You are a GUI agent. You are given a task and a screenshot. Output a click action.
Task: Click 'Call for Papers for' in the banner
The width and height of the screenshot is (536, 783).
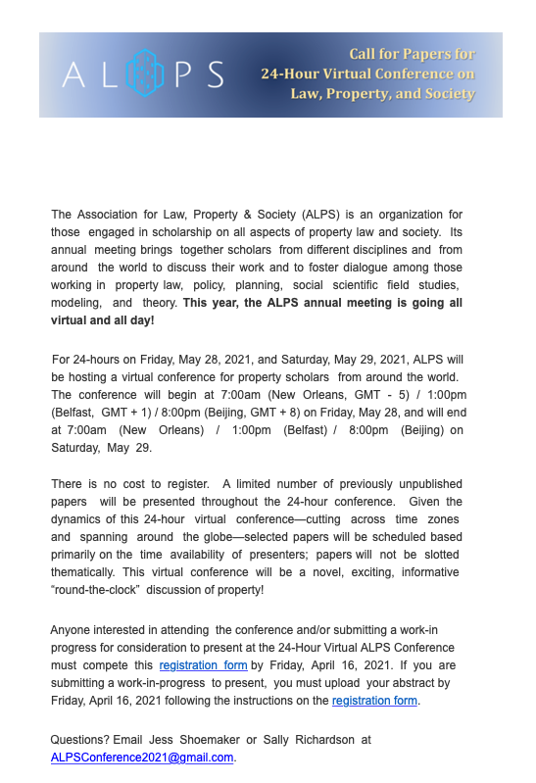pos(413,54)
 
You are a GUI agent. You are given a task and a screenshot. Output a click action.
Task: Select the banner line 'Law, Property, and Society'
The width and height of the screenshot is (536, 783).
pos(383,94)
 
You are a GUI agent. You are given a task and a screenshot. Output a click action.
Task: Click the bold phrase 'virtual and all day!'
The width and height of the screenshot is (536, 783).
pos(102,319)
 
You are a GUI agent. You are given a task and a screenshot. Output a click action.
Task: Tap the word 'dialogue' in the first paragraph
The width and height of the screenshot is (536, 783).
pos(370,267)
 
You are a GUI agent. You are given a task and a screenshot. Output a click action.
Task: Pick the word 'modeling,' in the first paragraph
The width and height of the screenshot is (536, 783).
pos(76,303)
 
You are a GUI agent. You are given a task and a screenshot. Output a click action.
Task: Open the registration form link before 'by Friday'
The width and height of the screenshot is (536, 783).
pos(203,665)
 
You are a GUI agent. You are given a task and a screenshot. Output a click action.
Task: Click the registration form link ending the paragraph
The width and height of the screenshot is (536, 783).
pos(375,701)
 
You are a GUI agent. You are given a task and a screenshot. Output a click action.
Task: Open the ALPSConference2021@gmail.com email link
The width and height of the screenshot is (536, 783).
pos(142,758)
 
